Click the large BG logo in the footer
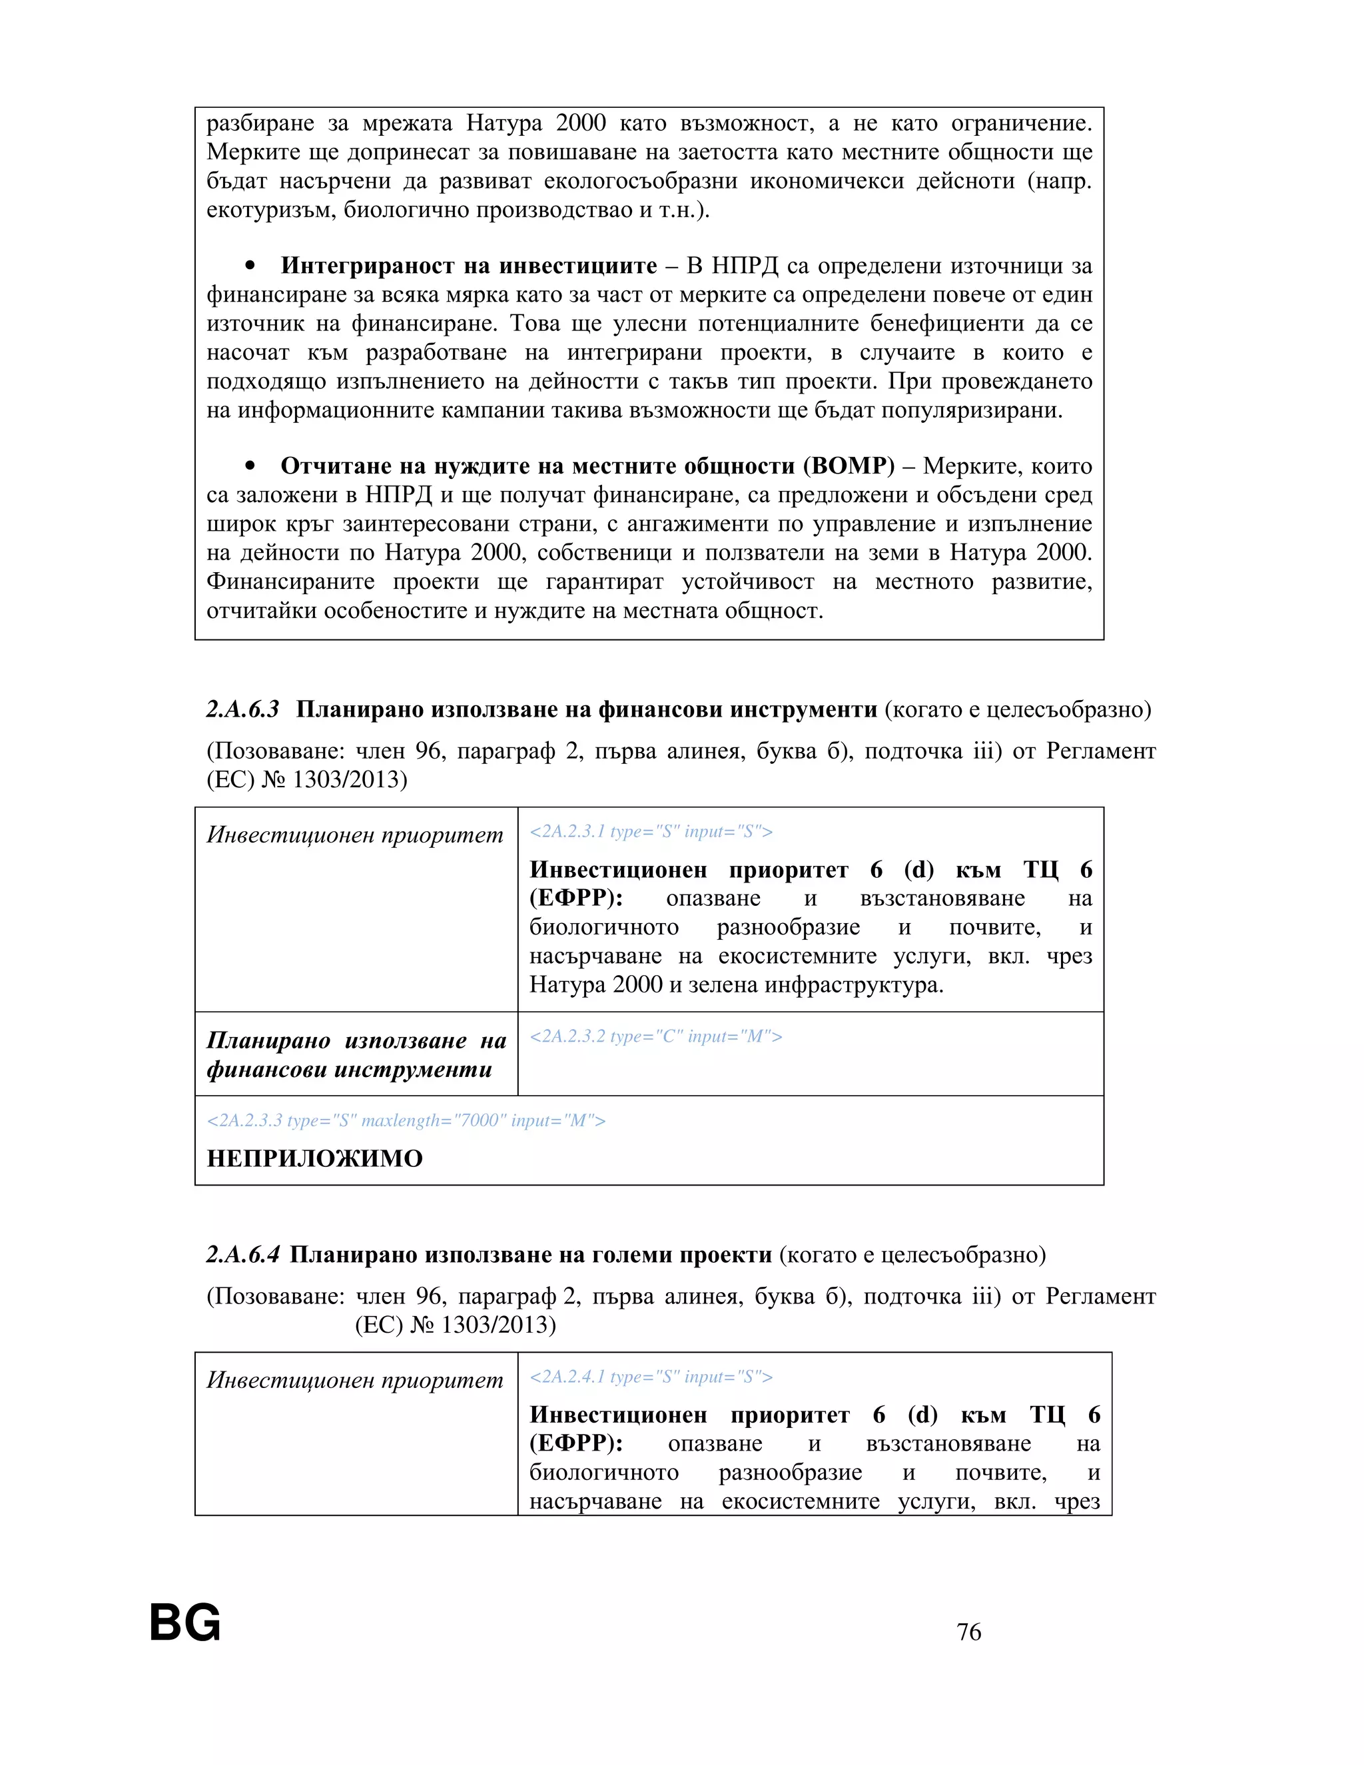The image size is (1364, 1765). coord(185,1622)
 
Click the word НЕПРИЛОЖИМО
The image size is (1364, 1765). coord(314,1158)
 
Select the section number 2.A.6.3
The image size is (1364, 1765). coord(242,709)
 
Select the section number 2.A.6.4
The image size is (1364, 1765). coord(242,1255)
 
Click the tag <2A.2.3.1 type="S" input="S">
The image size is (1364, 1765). coord(651,832)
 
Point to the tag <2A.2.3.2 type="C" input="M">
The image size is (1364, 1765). coord(655,1036)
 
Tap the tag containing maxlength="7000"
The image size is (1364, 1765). coord(406,1120)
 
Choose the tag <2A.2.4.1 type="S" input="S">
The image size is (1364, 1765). coord(651,1377)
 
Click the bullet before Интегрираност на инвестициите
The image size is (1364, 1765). coord(250,266)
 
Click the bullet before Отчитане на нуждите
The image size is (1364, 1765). coord(250,466)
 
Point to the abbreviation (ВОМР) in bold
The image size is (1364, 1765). coord(849,466)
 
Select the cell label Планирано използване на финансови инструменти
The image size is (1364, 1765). coord(356,1054)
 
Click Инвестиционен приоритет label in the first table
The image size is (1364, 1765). coord(355,835)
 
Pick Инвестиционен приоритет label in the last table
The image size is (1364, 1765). coord(355,1380)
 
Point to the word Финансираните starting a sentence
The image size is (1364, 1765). coord(291,582)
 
